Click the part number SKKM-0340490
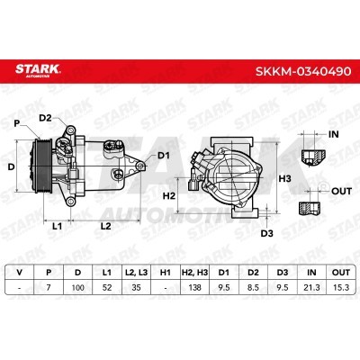[x=303, y=71]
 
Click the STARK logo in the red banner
[x=38, y=70]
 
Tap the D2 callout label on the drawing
[x=46, y=118]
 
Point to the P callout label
[x=17, y=123]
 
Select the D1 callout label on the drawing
[x=164, y=156]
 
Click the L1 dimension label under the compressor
[x=57, y=226]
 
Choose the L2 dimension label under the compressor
[x=105, y=226]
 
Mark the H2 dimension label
[x=169, y=196]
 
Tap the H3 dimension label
[x=285, y=179]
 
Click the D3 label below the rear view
[x=266, y=233]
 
